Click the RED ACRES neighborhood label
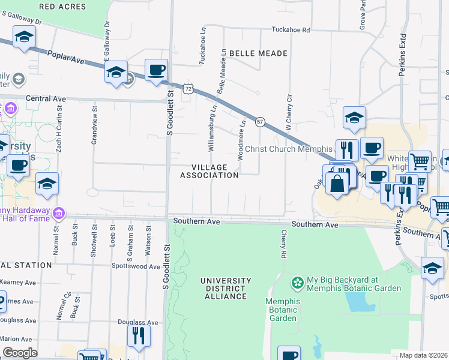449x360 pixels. point(62,7)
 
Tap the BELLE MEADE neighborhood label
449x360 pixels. point(258,53)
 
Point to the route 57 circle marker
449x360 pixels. point(261,121)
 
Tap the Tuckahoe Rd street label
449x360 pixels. point(291,29)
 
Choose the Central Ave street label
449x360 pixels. point(46,98)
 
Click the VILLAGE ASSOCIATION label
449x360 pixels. point(209,171)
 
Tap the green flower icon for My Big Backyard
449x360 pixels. point(297,281)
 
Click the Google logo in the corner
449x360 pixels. point(20,352)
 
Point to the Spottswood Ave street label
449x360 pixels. point(136,265)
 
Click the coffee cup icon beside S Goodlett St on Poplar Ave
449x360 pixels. point(156,70)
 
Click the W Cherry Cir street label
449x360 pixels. point(289,113)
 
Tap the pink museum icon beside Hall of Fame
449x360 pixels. point(58,213)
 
